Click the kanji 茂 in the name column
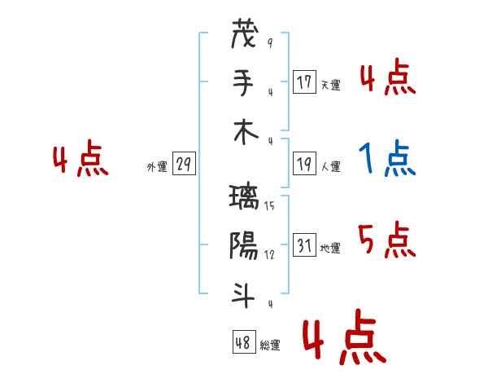point(245,33)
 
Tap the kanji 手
point(244,82)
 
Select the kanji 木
point(246,132)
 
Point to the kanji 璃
point(244,197)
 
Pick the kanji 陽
point(244,246)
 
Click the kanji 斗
point(243,295)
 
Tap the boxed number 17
point(304,82)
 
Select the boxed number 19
point(304,164)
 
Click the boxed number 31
point(304,244)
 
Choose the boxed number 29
point(184,164)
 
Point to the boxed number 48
point(244,342)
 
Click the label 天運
point(331,85)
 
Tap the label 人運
point(331,166)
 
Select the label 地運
point(330,248)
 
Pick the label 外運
point(157,166)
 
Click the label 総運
point(270,346)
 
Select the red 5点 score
point(387,240)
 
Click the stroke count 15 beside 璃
point(269,206)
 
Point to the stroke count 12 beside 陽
point(269,255)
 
